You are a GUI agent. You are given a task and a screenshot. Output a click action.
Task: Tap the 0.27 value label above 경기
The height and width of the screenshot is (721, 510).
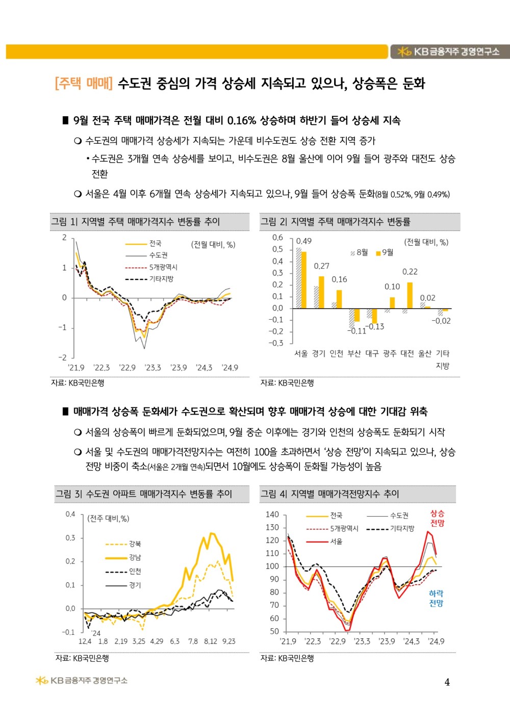[321, 266]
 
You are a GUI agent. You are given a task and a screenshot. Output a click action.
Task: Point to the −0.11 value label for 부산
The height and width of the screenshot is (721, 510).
[357, 331]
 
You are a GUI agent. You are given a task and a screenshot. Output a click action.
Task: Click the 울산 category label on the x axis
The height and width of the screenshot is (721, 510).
[425, 353]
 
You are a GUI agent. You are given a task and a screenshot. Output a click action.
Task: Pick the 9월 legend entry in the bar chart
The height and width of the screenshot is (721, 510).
[385, 252]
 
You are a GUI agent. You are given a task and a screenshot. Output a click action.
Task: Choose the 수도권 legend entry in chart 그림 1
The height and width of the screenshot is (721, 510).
[158, 255]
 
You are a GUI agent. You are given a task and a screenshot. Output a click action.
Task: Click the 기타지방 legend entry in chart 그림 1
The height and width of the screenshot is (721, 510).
[161, 279]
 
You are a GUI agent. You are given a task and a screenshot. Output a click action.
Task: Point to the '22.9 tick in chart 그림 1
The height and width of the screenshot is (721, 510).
[127, 368]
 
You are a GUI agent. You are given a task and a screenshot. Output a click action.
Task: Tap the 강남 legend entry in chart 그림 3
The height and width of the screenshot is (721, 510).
[135, 557]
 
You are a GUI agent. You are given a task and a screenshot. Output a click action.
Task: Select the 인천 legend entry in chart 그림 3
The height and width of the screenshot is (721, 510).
[135, 572]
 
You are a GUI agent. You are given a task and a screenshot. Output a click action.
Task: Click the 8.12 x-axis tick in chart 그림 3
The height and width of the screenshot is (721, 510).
[210, 641]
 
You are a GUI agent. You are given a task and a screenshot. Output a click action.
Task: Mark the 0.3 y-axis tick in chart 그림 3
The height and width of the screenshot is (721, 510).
[70, 538]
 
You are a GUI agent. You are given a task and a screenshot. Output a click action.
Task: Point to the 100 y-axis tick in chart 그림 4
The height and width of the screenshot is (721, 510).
[272, 566]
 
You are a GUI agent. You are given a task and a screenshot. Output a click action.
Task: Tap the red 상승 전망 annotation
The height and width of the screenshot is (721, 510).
[437, 519]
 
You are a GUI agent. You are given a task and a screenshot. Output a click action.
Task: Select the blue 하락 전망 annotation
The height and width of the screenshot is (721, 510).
[436, 599]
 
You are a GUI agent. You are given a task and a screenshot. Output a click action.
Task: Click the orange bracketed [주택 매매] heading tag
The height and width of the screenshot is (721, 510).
[84, 83]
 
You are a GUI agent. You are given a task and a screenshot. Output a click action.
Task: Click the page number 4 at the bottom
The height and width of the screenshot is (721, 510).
[447, 682]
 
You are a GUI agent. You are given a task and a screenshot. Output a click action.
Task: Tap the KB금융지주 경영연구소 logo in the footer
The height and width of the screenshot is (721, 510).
[82, 681]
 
